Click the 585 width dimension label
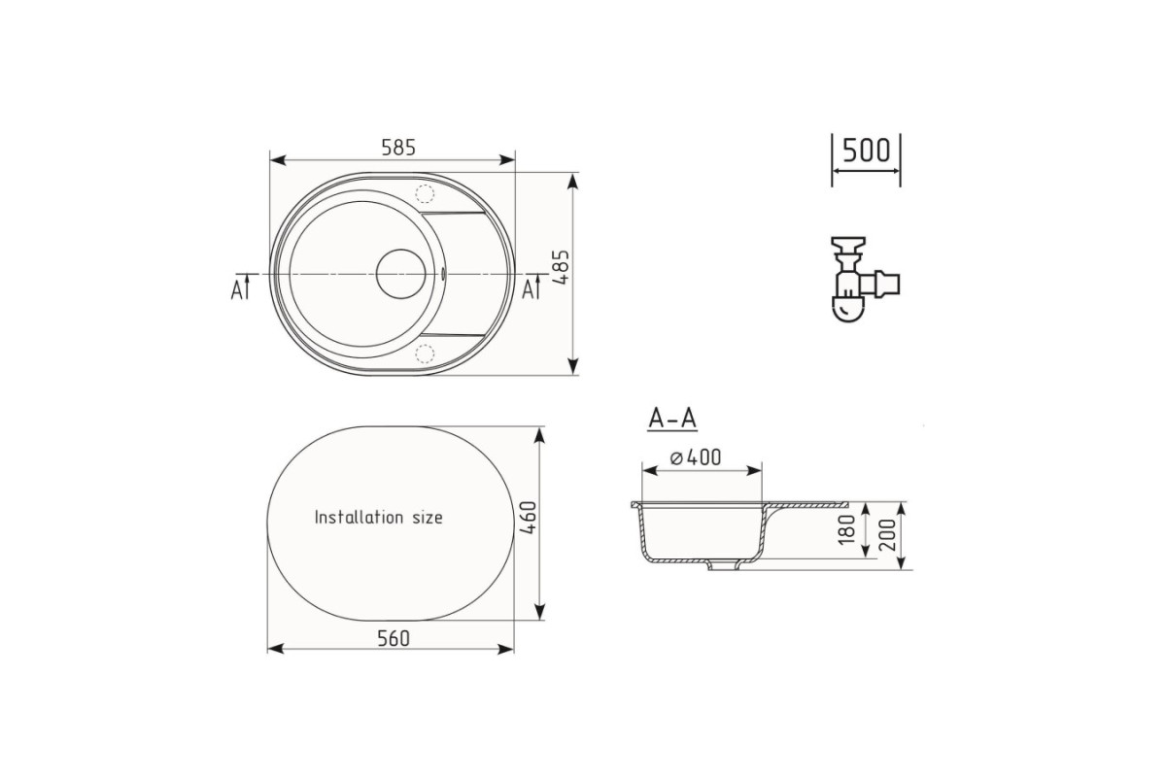click(398, 148)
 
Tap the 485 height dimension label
click(562, 267)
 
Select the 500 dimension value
click(866, 151)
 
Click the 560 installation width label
click(394, 638)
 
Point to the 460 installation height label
click(529, 518)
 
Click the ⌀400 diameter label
click(696, 457)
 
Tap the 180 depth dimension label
click(847, 529)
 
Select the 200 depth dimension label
click(887, 535)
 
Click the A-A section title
click(672, 419)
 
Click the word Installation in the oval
click(360, 518)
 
